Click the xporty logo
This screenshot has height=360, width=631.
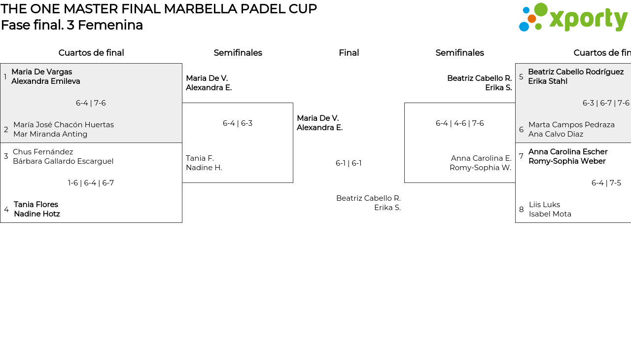tap(573, 17)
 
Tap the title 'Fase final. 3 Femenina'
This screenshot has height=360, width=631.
tap(72, 25)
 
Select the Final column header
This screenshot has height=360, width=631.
tap(349, 53)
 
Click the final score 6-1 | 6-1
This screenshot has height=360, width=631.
tap(349, 163)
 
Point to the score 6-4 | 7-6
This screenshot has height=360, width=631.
tap(91, 103)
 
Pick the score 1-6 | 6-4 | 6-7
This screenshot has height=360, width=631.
tap(91, 183)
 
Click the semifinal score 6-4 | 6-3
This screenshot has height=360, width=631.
tap(238, 123)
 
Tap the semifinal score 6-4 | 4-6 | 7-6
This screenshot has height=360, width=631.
tap(459, 123)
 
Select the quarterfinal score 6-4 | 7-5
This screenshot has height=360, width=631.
tap(606, 183)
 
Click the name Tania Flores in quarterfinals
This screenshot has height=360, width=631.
tap(36, 205)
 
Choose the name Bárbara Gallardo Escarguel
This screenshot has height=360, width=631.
tap(63, 161)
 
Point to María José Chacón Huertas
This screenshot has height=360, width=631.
tap(64, 125)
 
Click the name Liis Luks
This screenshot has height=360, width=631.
tap(544, 205)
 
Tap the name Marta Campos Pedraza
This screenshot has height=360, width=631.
tap(571, 125)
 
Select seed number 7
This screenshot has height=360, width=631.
tap(521, 156)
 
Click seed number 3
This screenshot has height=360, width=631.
tap(6, 156)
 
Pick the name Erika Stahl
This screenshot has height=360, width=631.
tap(548, 81)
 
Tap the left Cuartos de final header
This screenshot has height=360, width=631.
tap(91, 53)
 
